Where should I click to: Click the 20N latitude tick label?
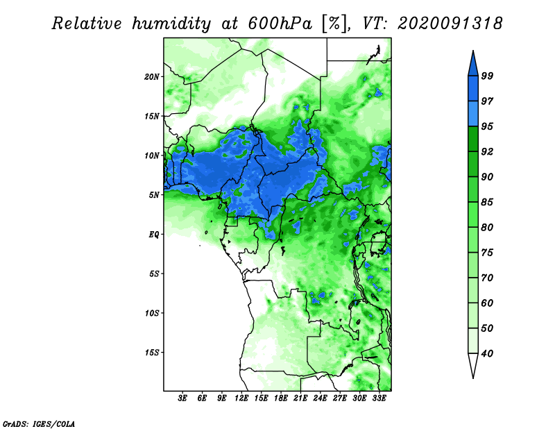pyautogui.click(x=152, y=76)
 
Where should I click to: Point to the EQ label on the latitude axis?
pyautogui.click(x=153, y=235)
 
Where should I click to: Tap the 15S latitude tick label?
pyautogui.click(x=152, y=353)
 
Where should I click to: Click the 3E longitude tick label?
pyautogui.click(x=183, y=399)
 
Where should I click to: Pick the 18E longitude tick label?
pyautogui.click(x=281, y=399)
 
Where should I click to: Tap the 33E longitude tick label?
pyautogui.click(x=379, y=399)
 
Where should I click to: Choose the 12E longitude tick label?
pyautogui.click(x=241, y=399)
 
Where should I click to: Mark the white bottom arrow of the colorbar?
pyautogui.click(x=473, y=366)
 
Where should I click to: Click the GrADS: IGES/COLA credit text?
pyautogui.click(x=38, y=423)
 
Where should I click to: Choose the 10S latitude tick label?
pyautogui.click(x=152, y=313)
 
